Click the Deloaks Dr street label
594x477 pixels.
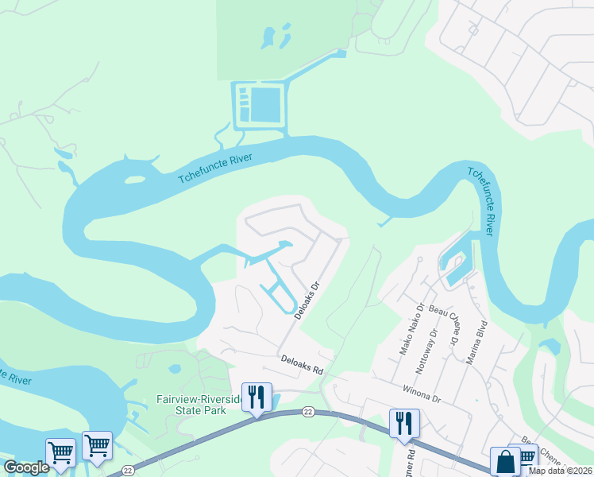coord(307,299)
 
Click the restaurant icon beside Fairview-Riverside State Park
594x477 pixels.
coord(256,396)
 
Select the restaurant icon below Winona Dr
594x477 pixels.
coord(403,423)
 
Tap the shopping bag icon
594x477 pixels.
coord(505,461)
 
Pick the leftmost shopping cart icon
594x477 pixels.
coord(60,452)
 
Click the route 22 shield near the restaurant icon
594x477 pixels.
coord(307,411)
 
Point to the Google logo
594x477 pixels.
coord(25,467)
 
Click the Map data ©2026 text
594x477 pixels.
coord(560,471)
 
